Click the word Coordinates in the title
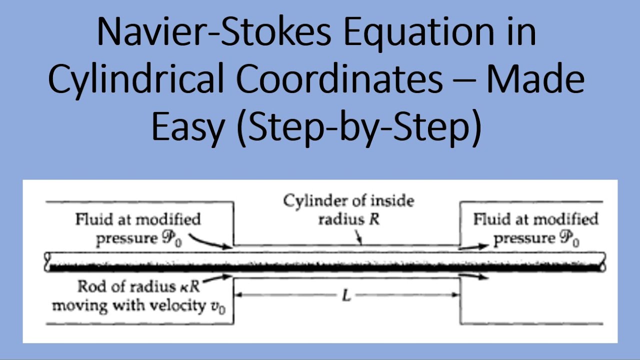339,80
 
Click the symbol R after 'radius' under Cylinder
374,219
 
